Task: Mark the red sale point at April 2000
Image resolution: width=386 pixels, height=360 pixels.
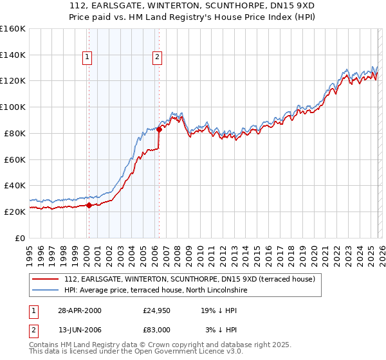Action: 89,206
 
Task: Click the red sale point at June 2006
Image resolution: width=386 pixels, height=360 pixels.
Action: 159,129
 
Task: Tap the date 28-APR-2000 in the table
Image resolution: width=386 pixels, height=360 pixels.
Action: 79,310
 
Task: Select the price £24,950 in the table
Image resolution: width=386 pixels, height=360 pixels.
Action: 156,310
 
